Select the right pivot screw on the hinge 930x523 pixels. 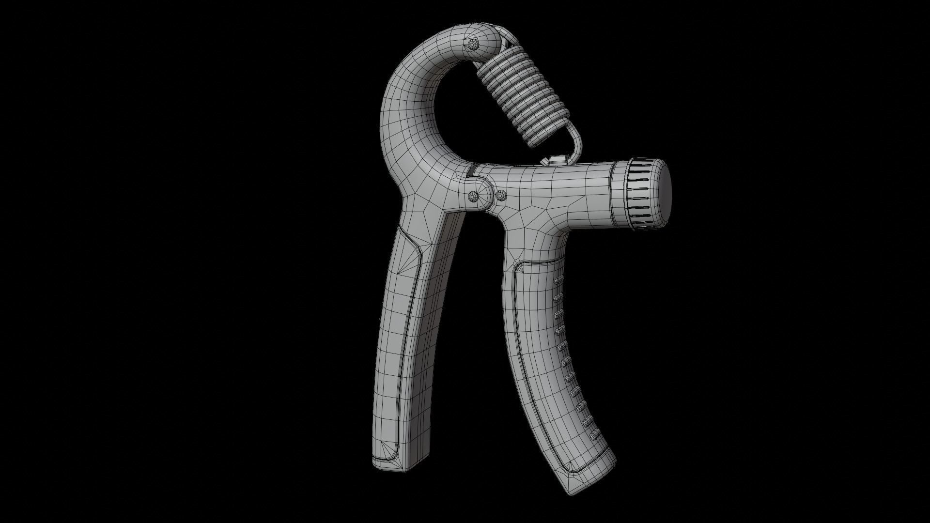click(501, 196)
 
